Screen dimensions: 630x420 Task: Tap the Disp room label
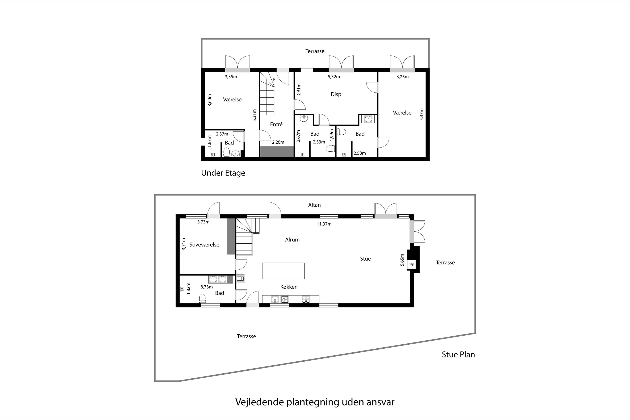tap(336, 94)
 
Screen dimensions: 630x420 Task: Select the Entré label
tap(276, 124)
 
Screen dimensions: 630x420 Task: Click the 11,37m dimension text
tap(324, 224)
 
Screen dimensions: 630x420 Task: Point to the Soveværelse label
tap(204, 245)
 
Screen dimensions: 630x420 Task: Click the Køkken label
tap(289, 287)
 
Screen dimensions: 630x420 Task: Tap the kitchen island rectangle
tap(283, 271)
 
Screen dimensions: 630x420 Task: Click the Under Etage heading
tap(223, 173)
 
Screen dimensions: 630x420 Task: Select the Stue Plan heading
tap(458, 354)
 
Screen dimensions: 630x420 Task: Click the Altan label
tap(314, 205)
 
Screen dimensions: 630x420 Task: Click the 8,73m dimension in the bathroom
tap(206, 287)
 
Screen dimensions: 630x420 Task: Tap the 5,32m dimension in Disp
tap(334, 77)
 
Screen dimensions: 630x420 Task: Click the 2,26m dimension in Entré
tap(278, 142)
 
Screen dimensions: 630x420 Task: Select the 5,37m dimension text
tap(422, 114)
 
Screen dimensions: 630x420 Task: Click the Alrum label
tap(292, 240)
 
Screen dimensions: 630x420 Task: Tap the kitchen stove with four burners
tap(306, 299)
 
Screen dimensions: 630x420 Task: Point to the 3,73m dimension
tap(203, 222)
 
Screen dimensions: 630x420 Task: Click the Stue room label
tap(365, 259)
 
